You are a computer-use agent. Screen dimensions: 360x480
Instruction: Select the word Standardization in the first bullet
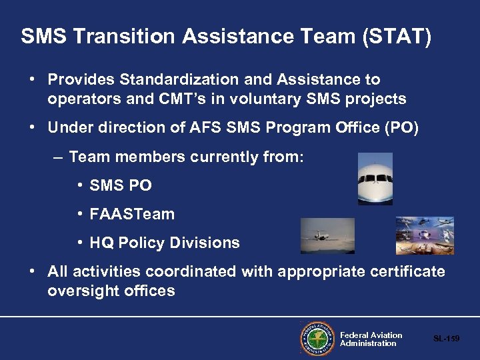click(175, 80)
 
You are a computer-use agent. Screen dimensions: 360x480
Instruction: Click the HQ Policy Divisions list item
click(164, 243)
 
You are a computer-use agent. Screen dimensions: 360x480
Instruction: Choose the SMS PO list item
click(120, 186)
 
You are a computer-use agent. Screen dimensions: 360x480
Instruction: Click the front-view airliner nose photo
click(375, 179)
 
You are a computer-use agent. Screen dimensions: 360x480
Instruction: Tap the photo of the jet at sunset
click(327, 235)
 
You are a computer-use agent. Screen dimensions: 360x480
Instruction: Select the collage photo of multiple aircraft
click(425, 235)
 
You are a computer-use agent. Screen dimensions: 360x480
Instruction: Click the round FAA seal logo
click(317, 339)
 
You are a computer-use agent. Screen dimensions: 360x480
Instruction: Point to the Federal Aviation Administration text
click(371, 339)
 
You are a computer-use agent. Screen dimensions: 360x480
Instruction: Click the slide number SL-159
click(446, 339)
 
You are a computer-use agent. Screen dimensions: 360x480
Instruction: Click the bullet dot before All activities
click(31, 271)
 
